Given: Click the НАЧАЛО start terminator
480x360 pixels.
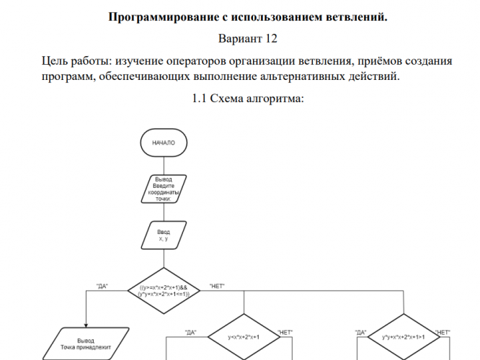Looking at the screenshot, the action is click(x=164, y=143).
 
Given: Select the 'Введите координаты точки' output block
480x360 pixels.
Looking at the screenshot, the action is click(x=164, y=189).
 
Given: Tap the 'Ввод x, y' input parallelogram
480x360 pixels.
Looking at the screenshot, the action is click(x=164, y=235).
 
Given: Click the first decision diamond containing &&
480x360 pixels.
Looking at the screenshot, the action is click(x=164, y=291).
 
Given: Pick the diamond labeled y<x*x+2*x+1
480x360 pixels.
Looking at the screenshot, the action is click(x=244, y=337).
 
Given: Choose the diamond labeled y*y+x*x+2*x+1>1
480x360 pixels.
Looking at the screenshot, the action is click(x=404, y=337).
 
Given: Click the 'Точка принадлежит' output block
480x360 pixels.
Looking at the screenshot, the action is click(x=86, y=343).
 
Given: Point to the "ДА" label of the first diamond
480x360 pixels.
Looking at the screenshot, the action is click(x=102, y=287).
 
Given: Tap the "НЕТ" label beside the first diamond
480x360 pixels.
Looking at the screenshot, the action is click(x=217, y=287).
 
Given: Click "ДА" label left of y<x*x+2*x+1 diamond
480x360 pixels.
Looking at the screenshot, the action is click(x=191, y=333).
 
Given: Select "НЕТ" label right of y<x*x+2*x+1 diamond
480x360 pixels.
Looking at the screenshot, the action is click(x=285, y=333).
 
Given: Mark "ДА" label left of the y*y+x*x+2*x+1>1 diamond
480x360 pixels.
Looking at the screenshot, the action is click(x=360, y=333).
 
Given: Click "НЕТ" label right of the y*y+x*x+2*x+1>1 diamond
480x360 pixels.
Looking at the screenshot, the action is click(x=443, y=333).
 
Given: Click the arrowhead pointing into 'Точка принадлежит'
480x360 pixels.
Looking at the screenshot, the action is click(x=86, y=325).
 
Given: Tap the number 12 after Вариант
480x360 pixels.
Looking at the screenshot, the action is click(x=272, y=39).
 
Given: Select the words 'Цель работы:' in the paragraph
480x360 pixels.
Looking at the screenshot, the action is click(x=77, y=61).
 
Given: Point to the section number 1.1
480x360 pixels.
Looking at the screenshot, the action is click(x=199, y=99).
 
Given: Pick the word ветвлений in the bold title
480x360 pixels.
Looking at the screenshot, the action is click(x=357, y=17).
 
